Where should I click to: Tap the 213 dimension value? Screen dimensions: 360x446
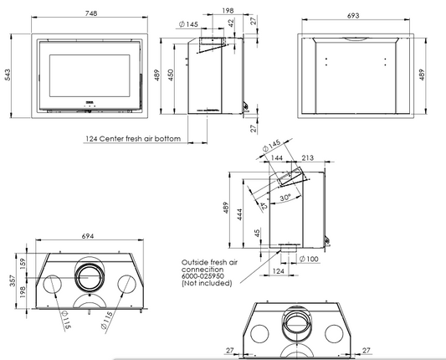click(307, 156)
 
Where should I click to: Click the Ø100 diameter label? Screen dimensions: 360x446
click(309, 258)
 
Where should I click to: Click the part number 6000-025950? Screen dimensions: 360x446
click(206, 278)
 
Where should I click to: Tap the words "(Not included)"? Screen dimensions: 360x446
click(206, 285)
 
